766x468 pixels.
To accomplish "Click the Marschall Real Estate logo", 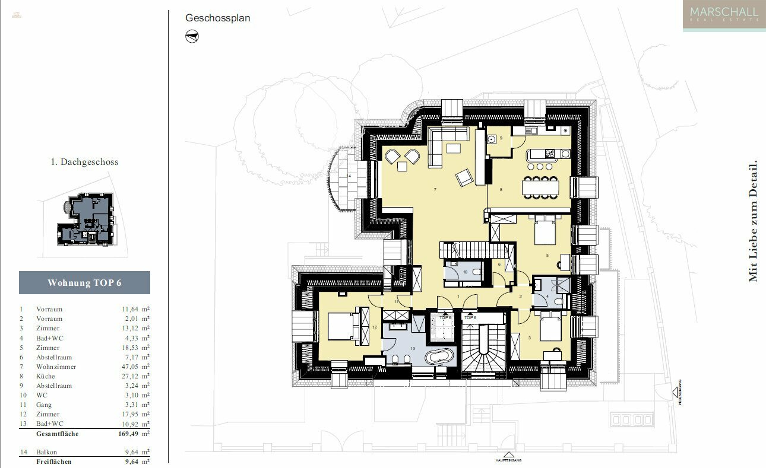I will pyautogui.click(x=724, y=15).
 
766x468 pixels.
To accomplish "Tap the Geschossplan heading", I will pyautogui.click(x=217, y=18).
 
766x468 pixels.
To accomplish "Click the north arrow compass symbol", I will pyautogui.click(x=192, y=37).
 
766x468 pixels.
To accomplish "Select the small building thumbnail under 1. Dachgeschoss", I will pyautogui.click(x=86, y=219).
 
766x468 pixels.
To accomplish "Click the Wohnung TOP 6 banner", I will pyautogui.click(x=84, y=283).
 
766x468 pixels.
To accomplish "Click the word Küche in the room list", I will pyautogui.click(x=46, y=376).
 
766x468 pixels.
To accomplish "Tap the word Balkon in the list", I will pyautogui.click(x=47, y=452).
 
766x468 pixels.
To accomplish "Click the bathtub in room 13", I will pyautogui.click(x=439, y=356).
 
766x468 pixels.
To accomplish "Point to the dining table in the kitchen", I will pyautogui.click(x=540, y=188).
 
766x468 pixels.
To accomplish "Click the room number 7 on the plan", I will pyautogui.click(x=435, y=190).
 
